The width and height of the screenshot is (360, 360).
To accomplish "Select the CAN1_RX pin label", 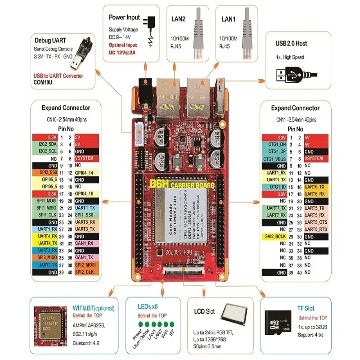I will pyautogui.click(x=84, y=243).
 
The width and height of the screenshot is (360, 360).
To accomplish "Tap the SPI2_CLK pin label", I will pyautogui.click(x=84, y=272).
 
